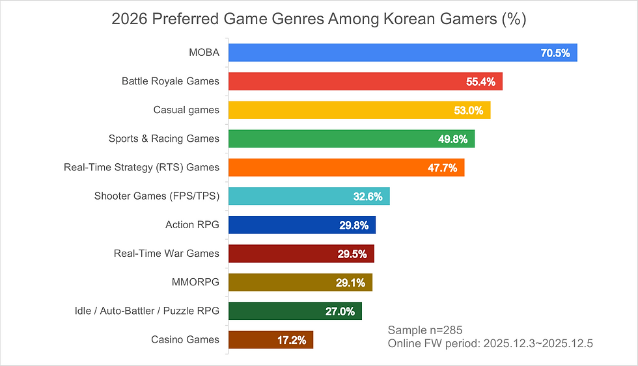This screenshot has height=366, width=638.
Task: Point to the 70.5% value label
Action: point(555,53)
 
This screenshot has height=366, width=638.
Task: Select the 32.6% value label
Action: point(368,196)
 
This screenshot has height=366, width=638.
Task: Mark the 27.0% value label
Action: point(340,311)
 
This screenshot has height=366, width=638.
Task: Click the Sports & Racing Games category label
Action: point(164,138)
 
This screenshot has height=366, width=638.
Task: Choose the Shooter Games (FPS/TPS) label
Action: point(157,196)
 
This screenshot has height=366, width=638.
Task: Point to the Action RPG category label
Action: point(192,225)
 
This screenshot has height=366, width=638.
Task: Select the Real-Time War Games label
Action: point(167,254)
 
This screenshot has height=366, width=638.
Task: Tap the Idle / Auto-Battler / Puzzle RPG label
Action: point(147,311)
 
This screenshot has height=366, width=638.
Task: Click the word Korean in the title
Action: point(406,20)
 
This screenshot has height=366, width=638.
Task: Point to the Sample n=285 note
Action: point(424,330)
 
